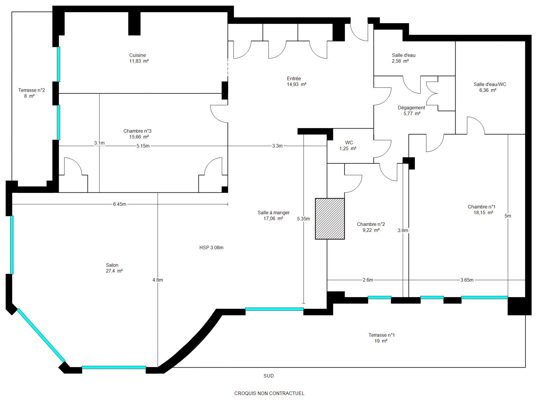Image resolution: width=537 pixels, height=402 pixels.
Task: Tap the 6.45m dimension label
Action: [120, 204]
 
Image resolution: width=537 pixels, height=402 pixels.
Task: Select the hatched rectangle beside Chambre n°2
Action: [330, 219]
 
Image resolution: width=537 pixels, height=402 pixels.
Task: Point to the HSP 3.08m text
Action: [211, 247]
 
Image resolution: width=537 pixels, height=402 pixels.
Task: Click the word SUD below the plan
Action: [268, 376]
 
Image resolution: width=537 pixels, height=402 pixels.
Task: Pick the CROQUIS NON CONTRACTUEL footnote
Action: [269, 393]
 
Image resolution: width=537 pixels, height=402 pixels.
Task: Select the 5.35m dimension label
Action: [304, 219]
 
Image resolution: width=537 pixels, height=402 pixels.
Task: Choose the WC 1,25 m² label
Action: [348, 145]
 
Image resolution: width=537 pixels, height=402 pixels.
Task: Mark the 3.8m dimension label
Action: [403, 230]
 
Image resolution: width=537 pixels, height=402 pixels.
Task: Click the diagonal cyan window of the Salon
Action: [41, 335]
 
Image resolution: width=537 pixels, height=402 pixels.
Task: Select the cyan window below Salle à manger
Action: [274, 309]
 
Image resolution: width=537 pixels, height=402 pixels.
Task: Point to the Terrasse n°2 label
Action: [32, 93]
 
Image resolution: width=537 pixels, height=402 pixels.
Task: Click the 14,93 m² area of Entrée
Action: [297, 84]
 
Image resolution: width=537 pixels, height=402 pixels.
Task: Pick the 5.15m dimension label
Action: [143, 146]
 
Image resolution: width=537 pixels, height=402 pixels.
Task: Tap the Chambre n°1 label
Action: [482, 207]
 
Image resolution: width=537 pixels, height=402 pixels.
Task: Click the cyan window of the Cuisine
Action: [58, 64]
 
